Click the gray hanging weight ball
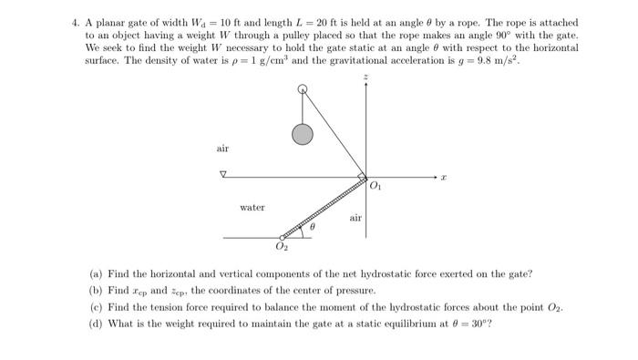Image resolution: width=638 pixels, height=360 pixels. pyautogui.click(x=303, y=135)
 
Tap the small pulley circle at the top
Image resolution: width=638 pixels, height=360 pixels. pyautogui.click(x=303, y=89)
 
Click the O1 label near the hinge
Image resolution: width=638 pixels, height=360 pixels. pyautogui.click(x=376, y=187)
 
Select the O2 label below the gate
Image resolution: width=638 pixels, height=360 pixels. pyautogui.click(x=282, y=248)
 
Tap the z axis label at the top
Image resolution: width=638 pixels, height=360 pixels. pyautogui.click(x=366, y=79)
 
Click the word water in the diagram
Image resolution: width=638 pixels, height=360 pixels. pyautogui.click(x=252, y=208)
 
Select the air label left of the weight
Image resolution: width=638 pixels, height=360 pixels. pyautogui.click(x=223, y=148)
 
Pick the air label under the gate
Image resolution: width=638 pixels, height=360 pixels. pyautogui.click(x=355, y=218)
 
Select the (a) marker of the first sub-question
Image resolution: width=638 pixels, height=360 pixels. pyautogui.click(x=96, y=273)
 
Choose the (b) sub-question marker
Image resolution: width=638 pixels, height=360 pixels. pyautogui.click(x=96, y=290)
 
